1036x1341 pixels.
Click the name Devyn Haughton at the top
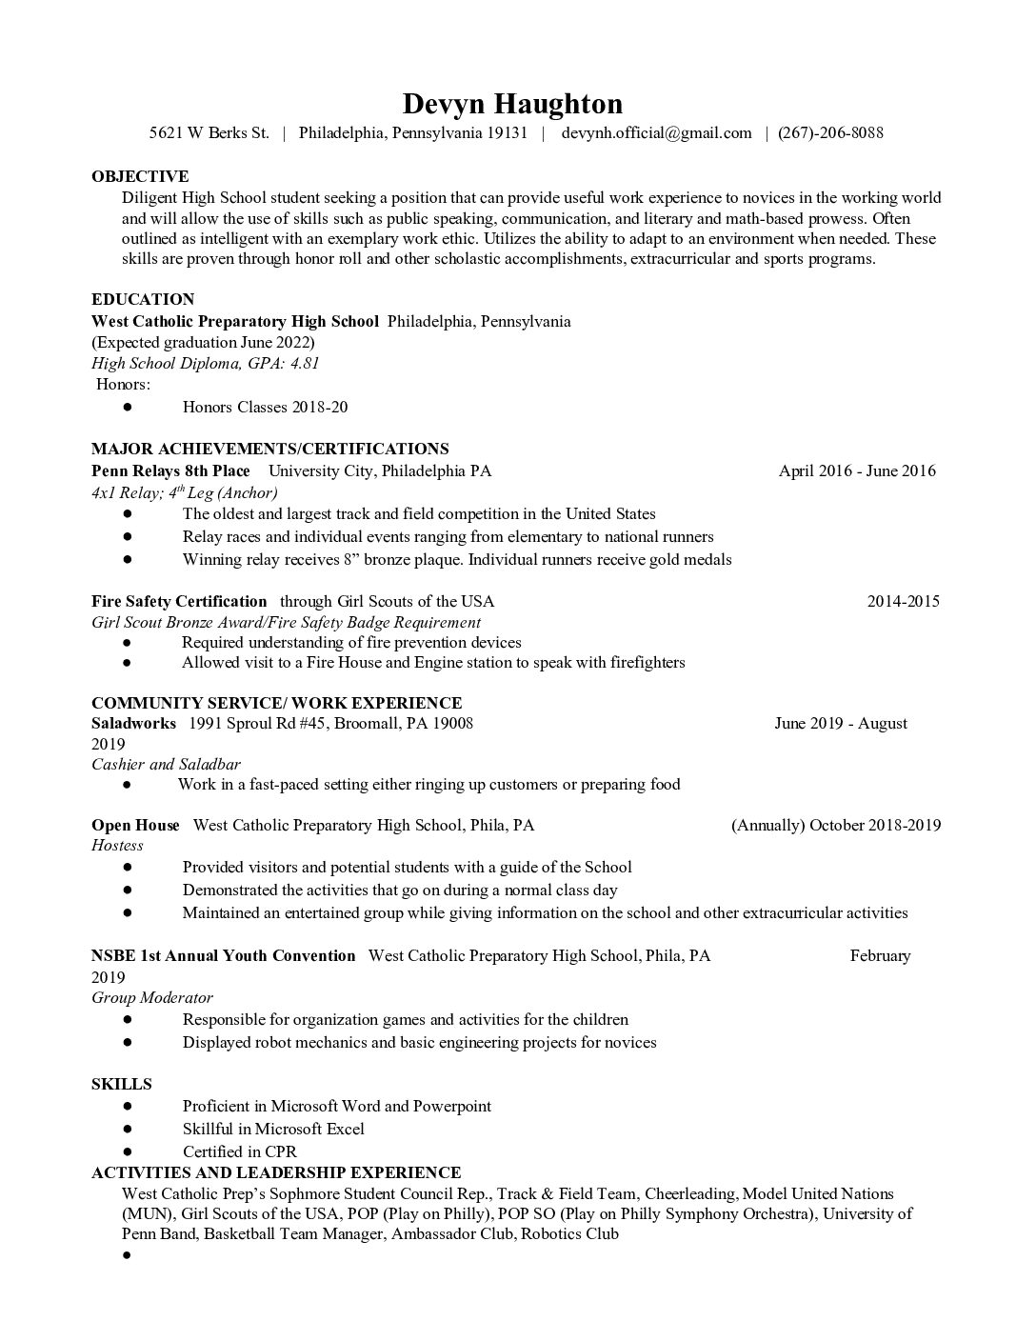512,104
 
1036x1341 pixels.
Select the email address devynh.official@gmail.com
656,133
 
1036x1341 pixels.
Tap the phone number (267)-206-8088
830,133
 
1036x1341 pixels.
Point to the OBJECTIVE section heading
140,176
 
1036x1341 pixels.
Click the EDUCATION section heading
143,299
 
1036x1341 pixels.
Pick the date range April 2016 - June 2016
856,470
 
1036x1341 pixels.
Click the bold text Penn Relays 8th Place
170,470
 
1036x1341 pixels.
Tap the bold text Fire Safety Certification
179,601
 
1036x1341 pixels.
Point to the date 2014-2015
903,601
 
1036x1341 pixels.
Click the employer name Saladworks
133,723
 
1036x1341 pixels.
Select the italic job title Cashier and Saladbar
166,764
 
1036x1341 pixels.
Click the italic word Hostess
117,845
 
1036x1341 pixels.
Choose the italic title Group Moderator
151,997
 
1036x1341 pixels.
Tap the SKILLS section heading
121,1084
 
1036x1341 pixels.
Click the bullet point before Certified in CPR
127,1151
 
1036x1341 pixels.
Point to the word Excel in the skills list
344,1129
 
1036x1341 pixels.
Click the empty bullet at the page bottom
126,1255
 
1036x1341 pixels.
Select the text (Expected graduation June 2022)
203,342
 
